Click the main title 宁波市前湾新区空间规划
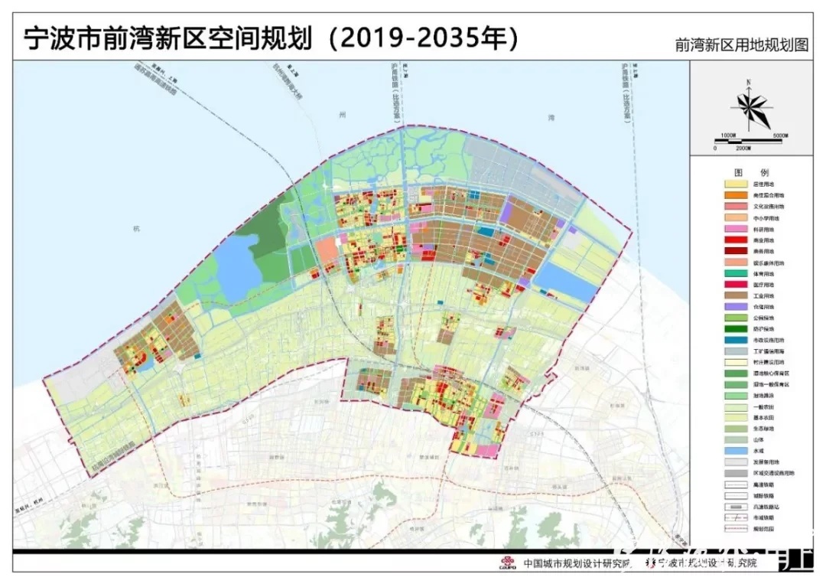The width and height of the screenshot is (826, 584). point(164,37)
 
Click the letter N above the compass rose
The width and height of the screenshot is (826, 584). point(749,82)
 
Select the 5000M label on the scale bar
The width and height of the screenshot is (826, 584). point(780,135)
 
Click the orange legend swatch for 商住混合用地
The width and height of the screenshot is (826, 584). point(737,195)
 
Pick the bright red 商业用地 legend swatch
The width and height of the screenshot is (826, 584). point(737,240)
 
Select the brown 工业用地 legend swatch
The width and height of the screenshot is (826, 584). point(737,295)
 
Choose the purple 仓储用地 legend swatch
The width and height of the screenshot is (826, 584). point(737,306)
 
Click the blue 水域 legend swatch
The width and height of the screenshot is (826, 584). point(737,451)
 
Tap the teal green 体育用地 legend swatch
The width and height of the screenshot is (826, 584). point(737,273)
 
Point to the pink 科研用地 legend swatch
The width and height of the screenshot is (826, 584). point(737,229)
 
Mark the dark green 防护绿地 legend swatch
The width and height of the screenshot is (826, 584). point(737,328)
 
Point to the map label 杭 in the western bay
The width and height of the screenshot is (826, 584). point(136,229)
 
